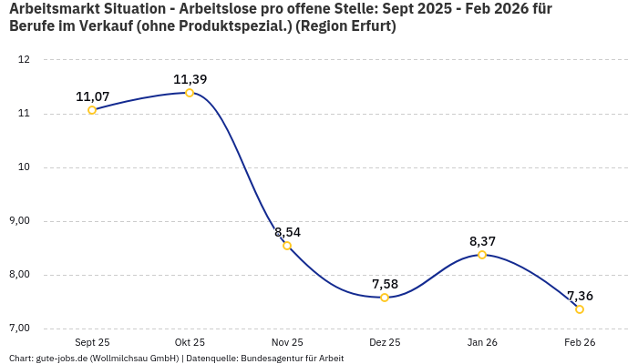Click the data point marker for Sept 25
coord(92,110)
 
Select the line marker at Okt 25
coord(190,93)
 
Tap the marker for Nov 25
coord(287,246)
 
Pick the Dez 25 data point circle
coord(385,298)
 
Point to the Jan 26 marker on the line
coord(482,255)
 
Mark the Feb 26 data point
coord(580,309)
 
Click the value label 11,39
coord(190,79)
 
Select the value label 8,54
coord(287,232)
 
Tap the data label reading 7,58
coord(385,284)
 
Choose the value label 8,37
coord(482,241)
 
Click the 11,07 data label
coord(92,96)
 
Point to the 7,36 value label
coord(580,296)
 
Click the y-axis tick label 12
coord(25,60)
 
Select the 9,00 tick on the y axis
coord(19,221)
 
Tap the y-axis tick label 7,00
coord(19,329)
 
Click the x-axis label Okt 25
coord(190,342)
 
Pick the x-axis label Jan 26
coord(482,342)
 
